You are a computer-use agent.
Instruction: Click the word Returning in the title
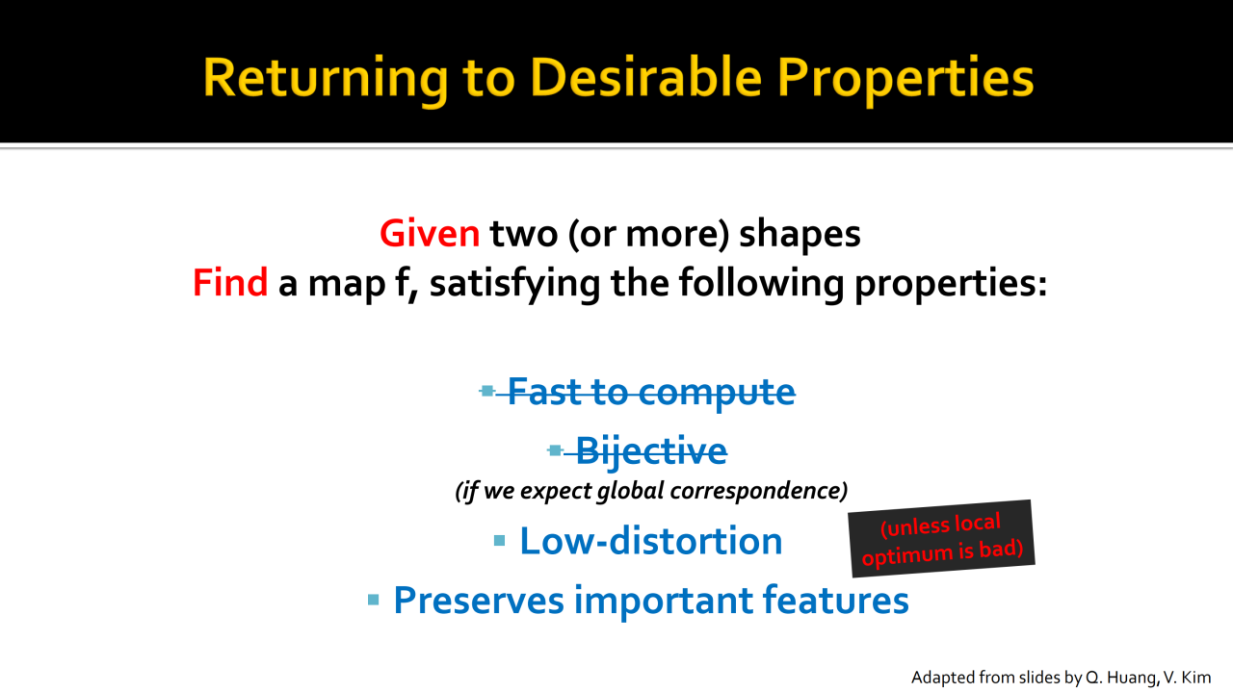tap(326, 78)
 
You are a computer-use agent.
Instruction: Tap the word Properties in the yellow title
tap(905, 79)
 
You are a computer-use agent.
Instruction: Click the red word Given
tap(430, 233)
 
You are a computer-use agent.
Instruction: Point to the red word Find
tap(230, 282)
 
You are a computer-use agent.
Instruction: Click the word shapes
tap(800, 235)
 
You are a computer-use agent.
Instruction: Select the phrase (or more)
tap(648, 235)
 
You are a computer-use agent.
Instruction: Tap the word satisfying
tap(514, 284)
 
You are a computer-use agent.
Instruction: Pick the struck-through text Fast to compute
tap(651, 393)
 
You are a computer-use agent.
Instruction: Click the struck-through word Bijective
tap(651, 452)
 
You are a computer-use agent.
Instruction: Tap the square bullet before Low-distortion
tap(499, 541)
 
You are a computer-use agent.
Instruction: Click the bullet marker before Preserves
tap(373, 600)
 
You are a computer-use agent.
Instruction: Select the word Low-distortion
tap(650, 541)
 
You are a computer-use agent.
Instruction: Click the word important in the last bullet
tap(664, 601)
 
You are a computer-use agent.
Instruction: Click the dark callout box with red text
tap(941, 539)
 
